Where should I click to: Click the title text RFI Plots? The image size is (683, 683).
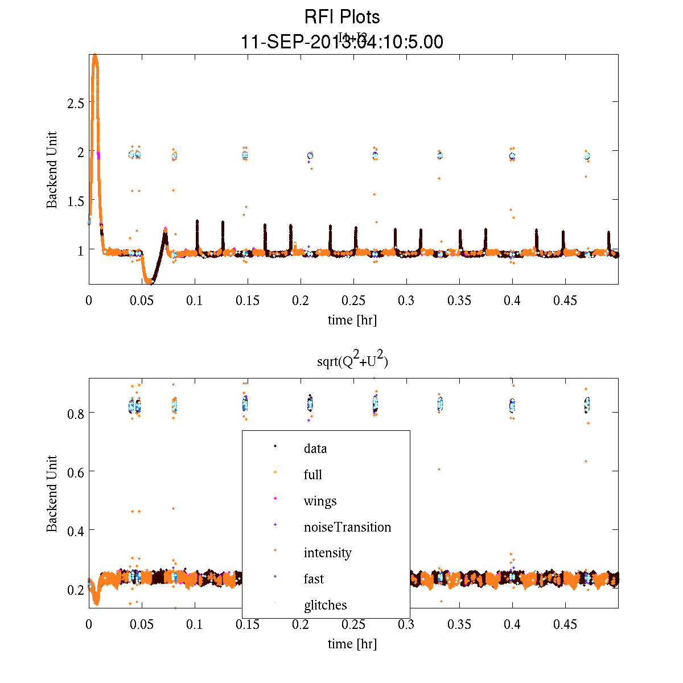pyautogui.click(x=341, y=17)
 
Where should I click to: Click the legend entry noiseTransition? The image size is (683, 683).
pyautogui.click(x=347, y=527)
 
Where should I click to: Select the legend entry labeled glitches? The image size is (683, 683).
pyautogui.click(x=325, y=605)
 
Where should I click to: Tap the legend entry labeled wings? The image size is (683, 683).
pyautogui.click(x=320, y=501)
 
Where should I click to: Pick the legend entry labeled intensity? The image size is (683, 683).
pyautogui.click(x=327, y=553)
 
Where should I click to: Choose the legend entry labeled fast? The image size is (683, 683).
pyautogui.click(x=314, y=579)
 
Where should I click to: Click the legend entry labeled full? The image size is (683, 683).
pyautogui.click(x=312, y=475)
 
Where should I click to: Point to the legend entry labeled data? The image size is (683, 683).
pyautogui.click(x=315, y=449)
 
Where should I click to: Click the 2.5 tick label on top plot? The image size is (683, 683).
pyautogui.click(x=75, y=103)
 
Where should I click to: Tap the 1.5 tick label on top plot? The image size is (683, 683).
pyautogui.click(x=75, y=201)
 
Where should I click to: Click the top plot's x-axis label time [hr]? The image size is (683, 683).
pyautogui.click(x=352, y=320)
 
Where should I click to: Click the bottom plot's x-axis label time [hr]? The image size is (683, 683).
pyautogui.click(x=352, y=644)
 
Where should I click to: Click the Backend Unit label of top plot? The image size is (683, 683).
pyautogui.click(x=52, y=170)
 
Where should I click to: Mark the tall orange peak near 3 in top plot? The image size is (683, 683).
pyautogui.click(x=95, y=57)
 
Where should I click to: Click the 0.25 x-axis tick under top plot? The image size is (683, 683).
pyautogui.click(x=353, y=301)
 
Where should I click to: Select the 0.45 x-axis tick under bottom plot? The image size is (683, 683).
pyautogui.click(x=565, y=624)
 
